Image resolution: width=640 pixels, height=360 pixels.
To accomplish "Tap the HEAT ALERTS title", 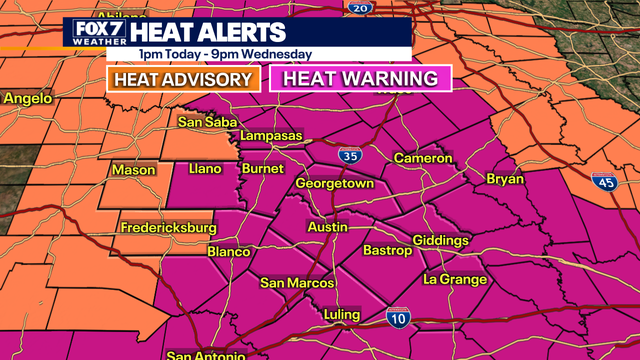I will tap(207, 33).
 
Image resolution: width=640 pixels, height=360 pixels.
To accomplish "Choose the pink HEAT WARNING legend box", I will tap(361, 79).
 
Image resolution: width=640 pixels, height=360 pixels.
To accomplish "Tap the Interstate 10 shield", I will tap(398, 317).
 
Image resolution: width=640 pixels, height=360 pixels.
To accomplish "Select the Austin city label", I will tap(327, 228).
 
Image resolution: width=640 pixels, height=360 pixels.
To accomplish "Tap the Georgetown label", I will tap(334, 185).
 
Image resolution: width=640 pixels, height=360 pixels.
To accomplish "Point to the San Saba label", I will tap(204, 123).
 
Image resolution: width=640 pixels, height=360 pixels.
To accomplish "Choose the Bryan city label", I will tap(505, 179).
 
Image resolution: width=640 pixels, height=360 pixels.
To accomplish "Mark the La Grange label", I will tap(454, 279).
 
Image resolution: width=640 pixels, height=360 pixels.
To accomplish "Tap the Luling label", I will tap(342, 316).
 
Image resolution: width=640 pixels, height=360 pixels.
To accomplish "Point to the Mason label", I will tap(133, 171).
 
